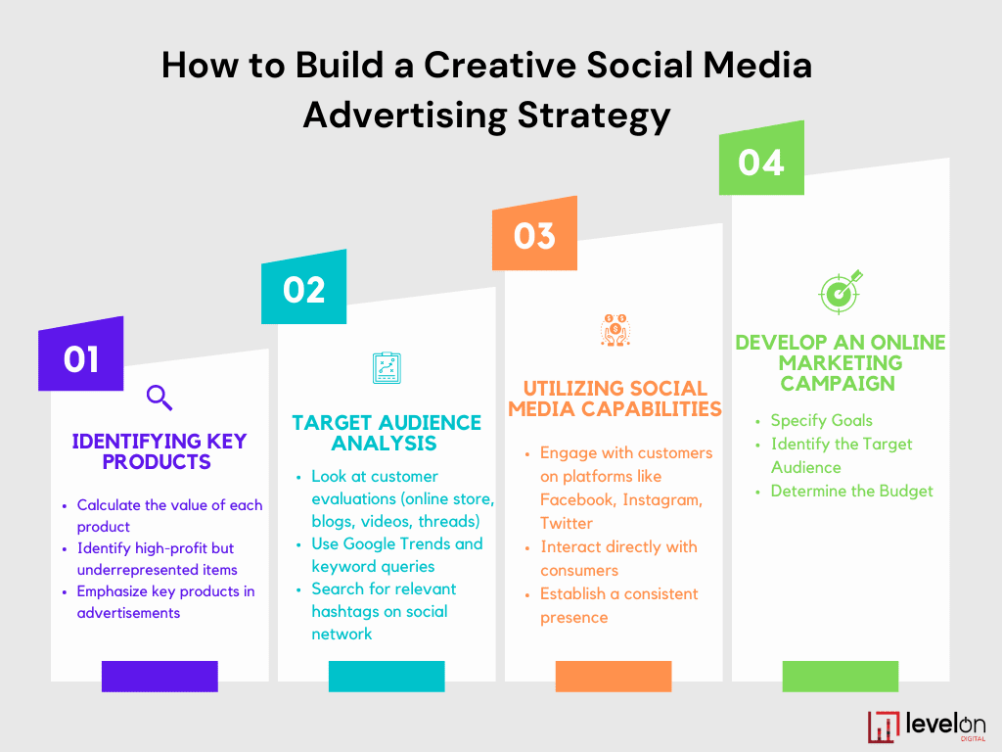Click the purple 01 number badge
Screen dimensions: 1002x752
pos(80,354)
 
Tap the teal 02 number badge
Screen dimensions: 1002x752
pos(304,288)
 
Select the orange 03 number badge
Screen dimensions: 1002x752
pos(535,234)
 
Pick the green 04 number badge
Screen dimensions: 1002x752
pos(761,159)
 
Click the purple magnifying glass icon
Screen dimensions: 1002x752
pos(159,398)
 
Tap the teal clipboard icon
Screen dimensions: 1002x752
pos(387,368)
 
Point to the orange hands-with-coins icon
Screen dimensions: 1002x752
pos(615,330)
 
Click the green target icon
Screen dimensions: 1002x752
pos(841,292)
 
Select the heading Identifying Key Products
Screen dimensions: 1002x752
pos(159,451)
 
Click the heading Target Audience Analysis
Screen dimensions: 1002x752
pos(386,433)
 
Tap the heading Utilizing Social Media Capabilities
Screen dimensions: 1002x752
pos(615,399)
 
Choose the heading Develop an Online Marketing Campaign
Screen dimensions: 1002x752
pos(841,362)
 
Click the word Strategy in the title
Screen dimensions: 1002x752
pos(594,116)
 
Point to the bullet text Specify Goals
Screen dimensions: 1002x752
pos(821,420)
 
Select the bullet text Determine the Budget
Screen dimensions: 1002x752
pos(852,492)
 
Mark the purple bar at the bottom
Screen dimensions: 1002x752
pos(159,676)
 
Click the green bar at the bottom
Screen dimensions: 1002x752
pos(841,676)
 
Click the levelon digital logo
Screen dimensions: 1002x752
pos(927,727)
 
